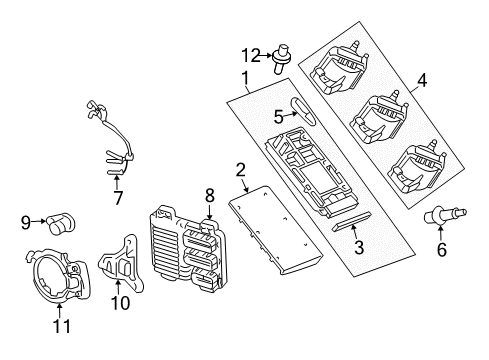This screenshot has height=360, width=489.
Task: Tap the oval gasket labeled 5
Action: coord(304,109)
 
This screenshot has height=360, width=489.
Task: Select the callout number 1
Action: coord(245,77)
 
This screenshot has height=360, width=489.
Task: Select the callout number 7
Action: coord(117,199)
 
